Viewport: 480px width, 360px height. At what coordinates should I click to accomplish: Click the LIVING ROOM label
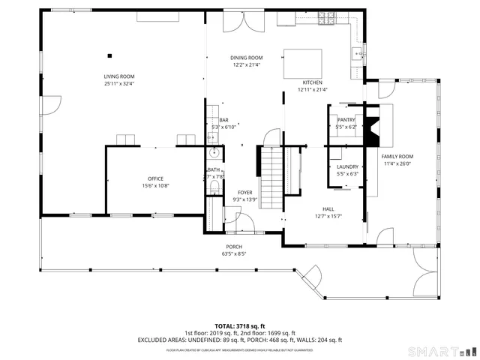118,76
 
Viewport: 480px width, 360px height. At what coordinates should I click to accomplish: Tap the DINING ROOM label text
246,58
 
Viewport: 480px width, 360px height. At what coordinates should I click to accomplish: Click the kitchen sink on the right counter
358,54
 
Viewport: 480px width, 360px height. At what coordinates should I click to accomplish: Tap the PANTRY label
346,120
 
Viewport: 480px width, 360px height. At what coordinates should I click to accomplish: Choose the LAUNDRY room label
347,166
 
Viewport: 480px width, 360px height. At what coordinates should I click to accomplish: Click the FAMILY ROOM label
397,157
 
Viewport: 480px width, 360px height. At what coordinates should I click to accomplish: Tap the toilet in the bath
214,186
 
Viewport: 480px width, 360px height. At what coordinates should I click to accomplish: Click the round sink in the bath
214,154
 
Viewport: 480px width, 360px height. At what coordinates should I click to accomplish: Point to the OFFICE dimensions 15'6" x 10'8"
155,186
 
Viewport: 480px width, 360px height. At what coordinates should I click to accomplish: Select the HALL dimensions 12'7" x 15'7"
328,216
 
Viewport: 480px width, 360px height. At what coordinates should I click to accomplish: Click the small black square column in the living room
109,54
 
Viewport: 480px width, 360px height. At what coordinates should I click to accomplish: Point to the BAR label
223,120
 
